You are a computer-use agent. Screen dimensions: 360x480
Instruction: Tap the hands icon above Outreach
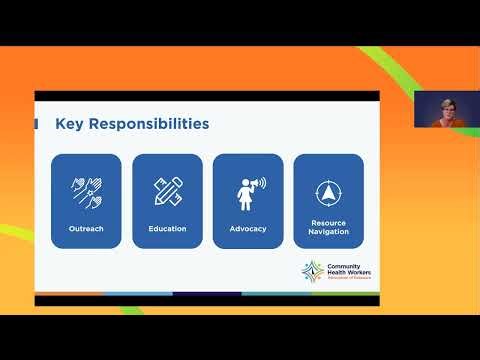tap(86, 189)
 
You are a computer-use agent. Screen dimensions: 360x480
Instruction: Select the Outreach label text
tap(86, 228)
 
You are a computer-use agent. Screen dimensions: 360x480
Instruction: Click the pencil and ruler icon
tap(167, 189)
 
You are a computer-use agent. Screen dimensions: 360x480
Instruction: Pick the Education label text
tap(167, 228)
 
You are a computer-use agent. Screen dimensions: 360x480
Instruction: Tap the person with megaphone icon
tap(248, 189)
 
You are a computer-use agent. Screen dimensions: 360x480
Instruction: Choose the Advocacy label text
tap(248, 228)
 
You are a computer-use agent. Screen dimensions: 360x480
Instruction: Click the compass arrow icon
tap(329, 190)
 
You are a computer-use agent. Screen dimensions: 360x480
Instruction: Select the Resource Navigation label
tap(329, 227)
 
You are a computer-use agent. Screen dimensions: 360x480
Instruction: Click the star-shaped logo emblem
tap(313, 271)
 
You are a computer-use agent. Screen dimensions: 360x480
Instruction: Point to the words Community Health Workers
tap(346, 268)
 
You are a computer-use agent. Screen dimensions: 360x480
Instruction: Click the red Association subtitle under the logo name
tap(346, 278)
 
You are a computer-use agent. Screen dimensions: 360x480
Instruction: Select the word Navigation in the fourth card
tap(329, 231)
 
